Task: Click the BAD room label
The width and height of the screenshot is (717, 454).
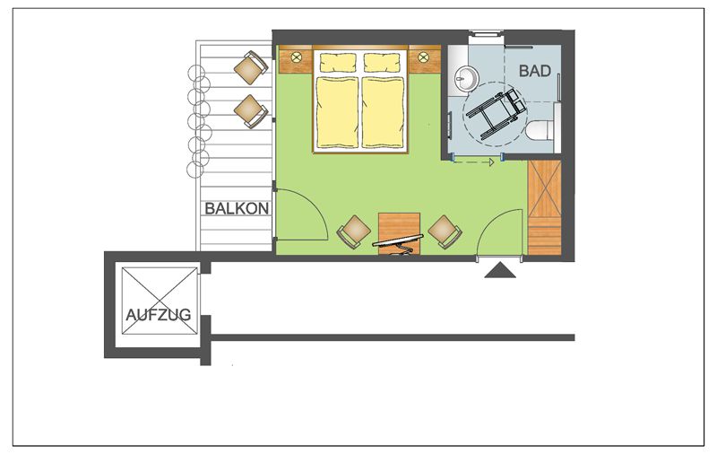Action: click(x=534, y=71)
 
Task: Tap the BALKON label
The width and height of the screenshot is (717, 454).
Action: click(x=237, y=209)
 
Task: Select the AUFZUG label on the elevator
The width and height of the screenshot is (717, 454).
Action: click(x=159, y=315)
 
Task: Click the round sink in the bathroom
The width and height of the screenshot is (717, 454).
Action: click(x=466, y=78)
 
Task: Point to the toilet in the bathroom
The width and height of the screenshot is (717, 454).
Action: click(x=540, y=130)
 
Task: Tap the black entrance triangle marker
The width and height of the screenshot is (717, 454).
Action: click(x=500, y=270)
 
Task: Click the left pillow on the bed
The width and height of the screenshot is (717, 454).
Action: click(x=338, y=63)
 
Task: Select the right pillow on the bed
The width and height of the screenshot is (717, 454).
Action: click(x=383, y=63)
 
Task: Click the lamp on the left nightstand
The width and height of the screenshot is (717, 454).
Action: click(x=297, y=57)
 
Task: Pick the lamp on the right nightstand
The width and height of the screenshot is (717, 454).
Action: click(x=423, y=57)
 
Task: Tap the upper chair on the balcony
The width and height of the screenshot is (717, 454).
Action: click(x=251, y=67)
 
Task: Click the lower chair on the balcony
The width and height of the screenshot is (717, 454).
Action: click(x=251, y=111)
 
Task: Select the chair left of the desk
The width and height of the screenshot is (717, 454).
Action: click(x=354, y=232)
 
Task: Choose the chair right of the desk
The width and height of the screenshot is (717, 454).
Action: click(x=445, y=232)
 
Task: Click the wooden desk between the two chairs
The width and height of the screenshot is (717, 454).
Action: click(x=399, y=233)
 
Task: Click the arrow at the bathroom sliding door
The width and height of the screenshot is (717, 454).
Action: click(x=474, y=162)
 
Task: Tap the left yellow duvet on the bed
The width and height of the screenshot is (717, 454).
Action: click(x=338, y=112)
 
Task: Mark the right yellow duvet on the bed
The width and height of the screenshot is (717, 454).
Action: click(x=384, y=112)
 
